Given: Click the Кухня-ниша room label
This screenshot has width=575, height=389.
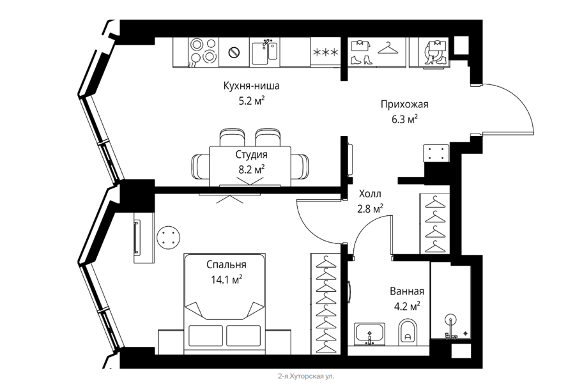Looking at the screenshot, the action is click(252, 86).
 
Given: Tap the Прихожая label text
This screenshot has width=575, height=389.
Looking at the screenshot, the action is click(404, 105).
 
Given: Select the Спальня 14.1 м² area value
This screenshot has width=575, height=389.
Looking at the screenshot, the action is click(226, 280).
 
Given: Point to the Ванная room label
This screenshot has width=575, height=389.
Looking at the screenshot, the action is click(407, 291).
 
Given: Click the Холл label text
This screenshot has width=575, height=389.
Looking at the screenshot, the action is click(370, 194).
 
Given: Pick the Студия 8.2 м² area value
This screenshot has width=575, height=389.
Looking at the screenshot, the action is click(252, 170).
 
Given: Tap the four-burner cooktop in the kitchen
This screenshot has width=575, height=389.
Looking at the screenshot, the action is click(203, 52).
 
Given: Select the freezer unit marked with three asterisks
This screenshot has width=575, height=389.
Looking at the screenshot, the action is click(326, 52).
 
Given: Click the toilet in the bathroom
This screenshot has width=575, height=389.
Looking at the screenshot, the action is click(407, 332).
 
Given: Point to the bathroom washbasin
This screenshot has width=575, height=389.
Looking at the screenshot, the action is click(369, 334).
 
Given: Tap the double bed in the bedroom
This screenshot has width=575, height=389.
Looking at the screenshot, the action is click(225, 303).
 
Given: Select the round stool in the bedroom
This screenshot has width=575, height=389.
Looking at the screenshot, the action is click(168, 238).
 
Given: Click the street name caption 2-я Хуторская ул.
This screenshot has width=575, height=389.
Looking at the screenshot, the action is click(306, 376).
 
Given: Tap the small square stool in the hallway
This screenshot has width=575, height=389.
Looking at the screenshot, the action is click(436, 153).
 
